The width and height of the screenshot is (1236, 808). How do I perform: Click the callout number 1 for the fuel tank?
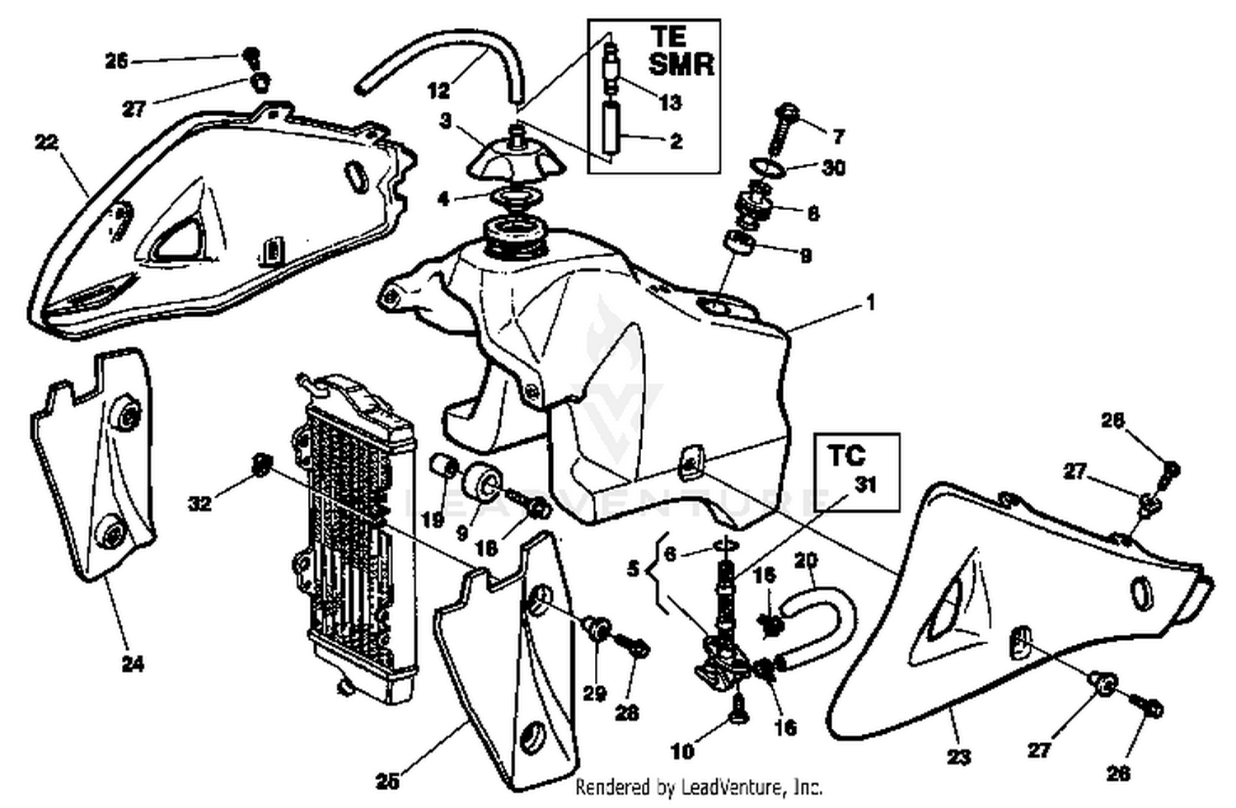pos(870,303)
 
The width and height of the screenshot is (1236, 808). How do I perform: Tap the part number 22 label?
pos(47,142)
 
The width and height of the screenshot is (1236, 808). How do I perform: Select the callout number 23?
pos(958,756)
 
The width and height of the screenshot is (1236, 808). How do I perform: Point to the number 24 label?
pos(133,663)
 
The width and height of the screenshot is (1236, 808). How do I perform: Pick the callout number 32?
pos(200,502)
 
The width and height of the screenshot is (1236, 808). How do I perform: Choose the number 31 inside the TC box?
pos(865,485)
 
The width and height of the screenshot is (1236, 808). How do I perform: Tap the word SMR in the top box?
pos(681,64)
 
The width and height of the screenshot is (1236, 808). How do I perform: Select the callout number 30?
pos(834,167)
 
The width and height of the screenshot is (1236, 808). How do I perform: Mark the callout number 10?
pos(682,750)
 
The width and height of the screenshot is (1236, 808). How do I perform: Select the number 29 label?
pos(594,694)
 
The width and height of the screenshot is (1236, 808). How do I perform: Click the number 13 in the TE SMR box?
pos(670,102)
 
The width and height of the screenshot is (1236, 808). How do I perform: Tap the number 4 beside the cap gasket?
pos(443,198)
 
